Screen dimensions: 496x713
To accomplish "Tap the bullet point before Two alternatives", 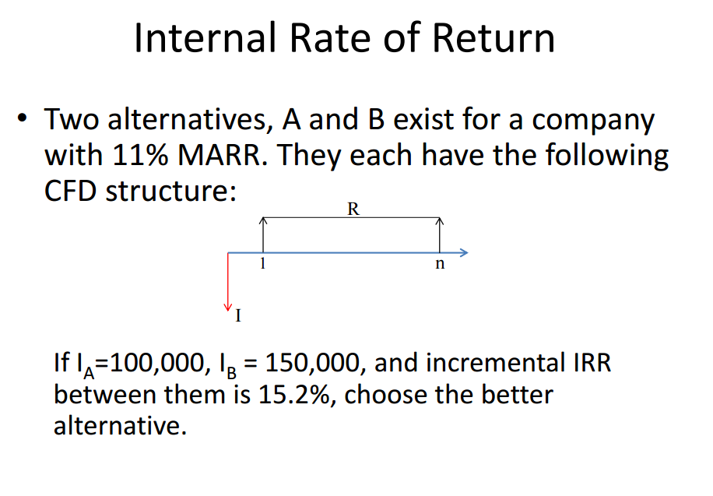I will coord(23,121).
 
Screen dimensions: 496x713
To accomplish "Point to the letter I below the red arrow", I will coord(238,316).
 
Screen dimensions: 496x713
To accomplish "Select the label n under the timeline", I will coord(440,265).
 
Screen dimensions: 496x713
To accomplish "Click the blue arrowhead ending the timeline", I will coord(463,252).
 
